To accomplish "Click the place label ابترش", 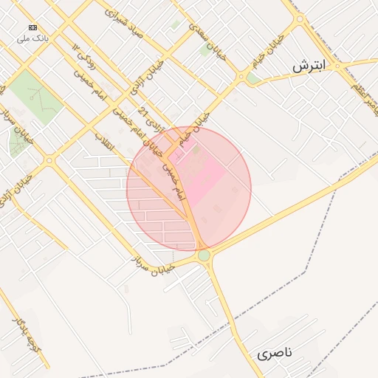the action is [309, 66].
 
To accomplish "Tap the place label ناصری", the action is [275, 354].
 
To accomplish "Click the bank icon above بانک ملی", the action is [32, 27].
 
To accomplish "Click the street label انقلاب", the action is [105, 142].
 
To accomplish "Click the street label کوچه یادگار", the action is [27, 337].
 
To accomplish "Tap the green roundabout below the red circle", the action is [204, 255].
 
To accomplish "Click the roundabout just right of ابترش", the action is [336, 66].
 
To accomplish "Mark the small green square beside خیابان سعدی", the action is [205, 50].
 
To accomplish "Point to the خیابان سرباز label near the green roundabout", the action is [153, 266].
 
